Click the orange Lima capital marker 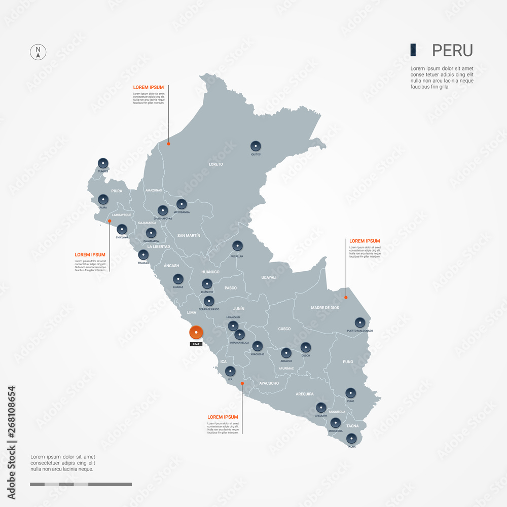coord(196,333)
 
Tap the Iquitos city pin coord(256,146)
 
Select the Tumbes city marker coord(103,163)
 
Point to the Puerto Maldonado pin coord(360,322)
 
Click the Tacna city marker coord(352,439)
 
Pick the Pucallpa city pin coord(237,246)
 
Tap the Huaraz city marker coord(178,279)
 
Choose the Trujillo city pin coord(143,255)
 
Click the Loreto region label coord(216,164)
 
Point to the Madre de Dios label coord(325,308)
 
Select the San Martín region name coord(189,235)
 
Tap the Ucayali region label coord(269,277)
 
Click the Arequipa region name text coord(305,393)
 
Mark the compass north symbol coord(38,52)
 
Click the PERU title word coord(452,50)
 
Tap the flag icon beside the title coord(414,50)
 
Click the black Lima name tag coord(196,344)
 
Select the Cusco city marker coord(305,347)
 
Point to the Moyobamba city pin coord(182,204)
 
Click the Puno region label coord(348,362)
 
